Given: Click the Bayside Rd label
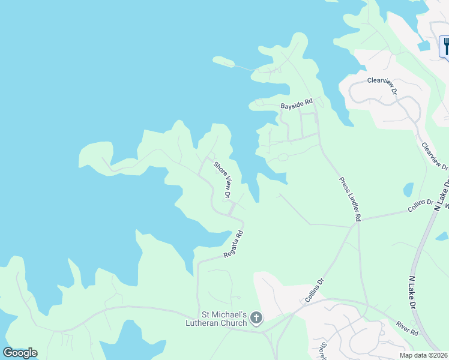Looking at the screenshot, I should [x=297, y=105].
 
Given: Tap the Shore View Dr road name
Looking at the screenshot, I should [x=222, y=178].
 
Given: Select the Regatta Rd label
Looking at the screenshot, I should [x=234, y=245].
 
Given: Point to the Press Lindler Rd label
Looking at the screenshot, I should [x=349, y=200].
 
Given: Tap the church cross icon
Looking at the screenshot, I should [x=256, y=318].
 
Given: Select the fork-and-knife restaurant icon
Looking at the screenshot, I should [x=445, y=47].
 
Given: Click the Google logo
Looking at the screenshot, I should [x=20, y=353].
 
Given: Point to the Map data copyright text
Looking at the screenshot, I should [x=424, y=355].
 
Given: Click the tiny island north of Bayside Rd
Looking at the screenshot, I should [x=223, y=61].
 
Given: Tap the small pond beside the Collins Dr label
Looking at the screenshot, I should [x=408, y=190].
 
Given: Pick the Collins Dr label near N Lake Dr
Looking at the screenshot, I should [x=421, y=205].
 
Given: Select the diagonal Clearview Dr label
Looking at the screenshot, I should [x=434, y=155].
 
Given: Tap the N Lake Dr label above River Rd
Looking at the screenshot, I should [x=412, y=293].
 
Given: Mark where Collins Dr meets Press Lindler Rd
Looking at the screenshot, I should [x=352, y=227].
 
